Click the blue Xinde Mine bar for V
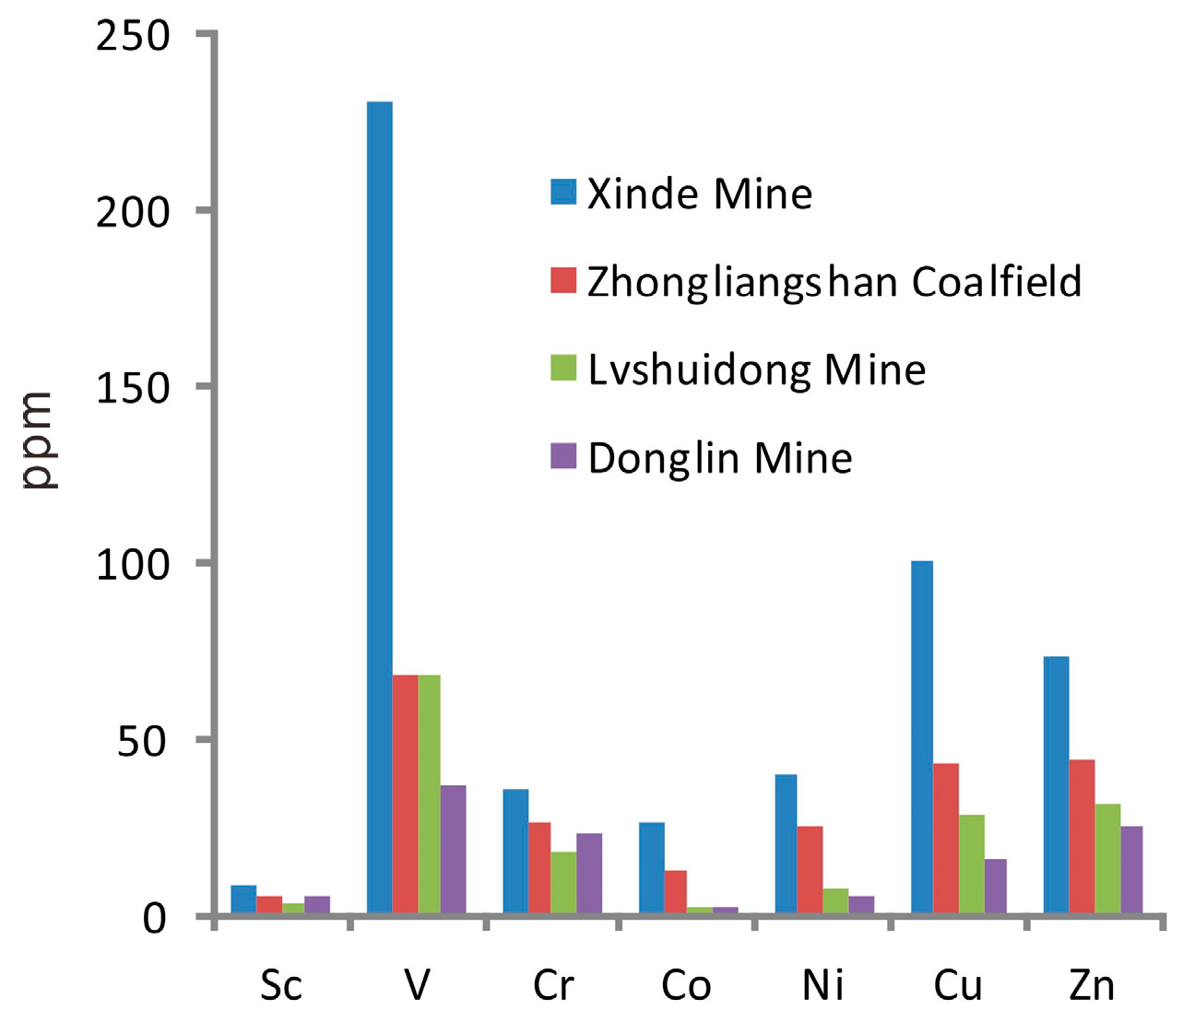point(380,507)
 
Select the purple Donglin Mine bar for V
point(453,850)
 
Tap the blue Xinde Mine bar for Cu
point(922,737)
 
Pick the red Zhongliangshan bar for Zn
point(1082,837)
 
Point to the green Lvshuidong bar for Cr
point(563,883)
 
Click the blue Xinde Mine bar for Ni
point(786,844)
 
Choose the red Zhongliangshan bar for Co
point(675,892)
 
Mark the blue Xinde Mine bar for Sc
point(243,899)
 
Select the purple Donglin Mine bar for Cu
point(995,887)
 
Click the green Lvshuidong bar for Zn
point(1107,859)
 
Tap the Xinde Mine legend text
point(700,194)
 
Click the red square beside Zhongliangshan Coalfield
point(563,280)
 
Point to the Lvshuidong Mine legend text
point(757,370)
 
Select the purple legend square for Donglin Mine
point(563,457)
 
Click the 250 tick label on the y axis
point(134,37)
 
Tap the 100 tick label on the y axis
point(134,564)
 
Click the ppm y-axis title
point(39,441)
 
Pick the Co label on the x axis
point(686,986)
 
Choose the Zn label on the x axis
point(1092,986)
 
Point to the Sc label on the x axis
point(281,986)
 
